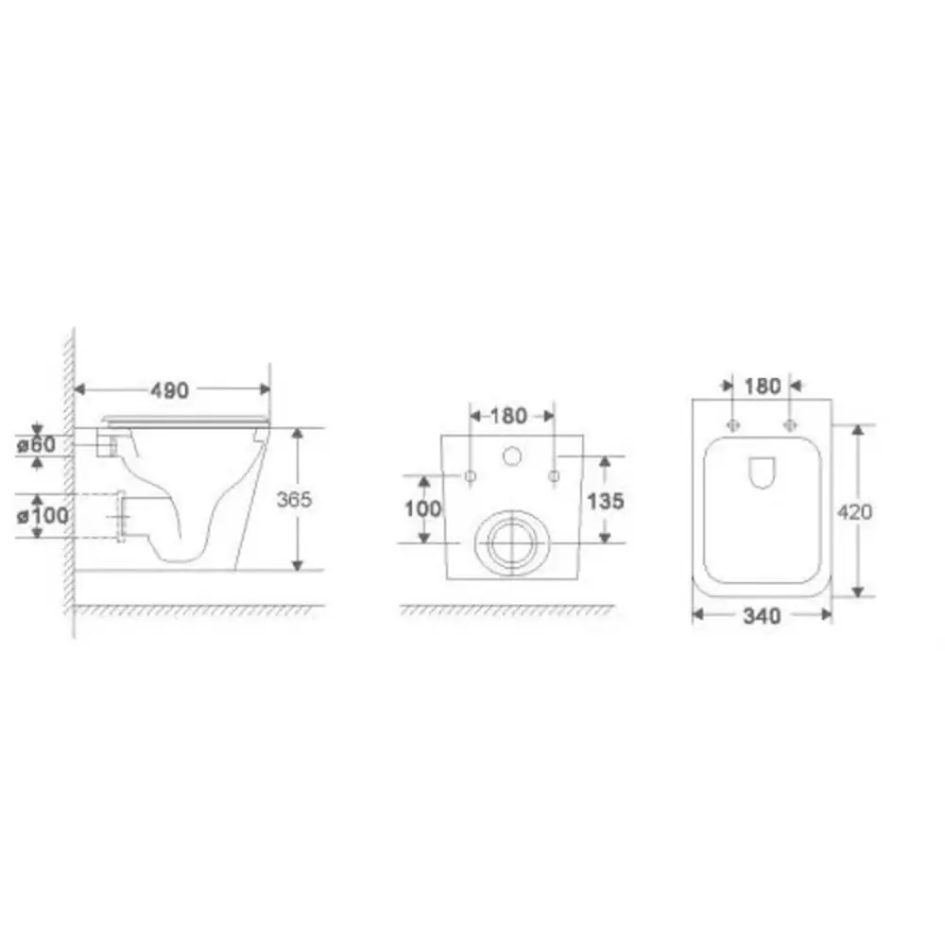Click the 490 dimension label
point(169,390)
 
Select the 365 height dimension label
point(294,499)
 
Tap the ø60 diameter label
point(37,445)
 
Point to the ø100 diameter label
point(43,516)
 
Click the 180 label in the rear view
point(508,416)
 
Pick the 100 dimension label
point(422,508)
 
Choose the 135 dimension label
point(606,501)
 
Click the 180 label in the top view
point(763,387)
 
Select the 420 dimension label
point(854,512)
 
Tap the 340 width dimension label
point(763,616)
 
